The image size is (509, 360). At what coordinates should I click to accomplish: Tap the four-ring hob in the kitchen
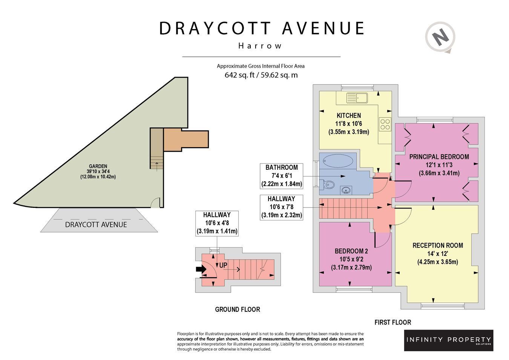click(x=385, y=124)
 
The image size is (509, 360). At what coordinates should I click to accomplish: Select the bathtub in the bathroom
click(x=338, y=161)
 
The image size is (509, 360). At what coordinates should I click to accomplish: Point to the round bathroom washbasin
click(x=346, y=190)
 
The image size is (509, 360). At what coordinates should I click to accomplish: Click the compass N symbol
click(x=441, y=37)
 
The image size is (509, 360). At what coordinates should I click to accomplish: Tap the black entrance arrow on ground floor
click(x=201, y=269)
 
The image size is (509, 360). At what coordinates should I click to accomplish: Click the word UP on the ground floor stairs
click(x=223, y=265)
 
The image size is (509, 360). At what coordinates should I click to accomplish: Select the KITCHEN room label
click(x=349, y=115)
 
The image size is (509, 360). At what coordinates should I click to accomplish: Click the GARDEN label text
click(x=98, y=166)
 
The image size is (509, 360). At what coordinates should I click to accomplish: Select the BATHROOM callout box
click(x=281, y=176)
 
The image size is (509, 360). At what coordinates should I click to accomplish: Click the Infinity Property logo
click(x=449, y=340)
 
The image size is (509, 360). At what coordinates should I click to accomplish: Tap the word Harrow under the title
click(x=260, y=46)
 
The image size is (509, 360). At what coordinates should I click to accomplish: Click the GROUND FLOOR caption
click(x=238, y=309)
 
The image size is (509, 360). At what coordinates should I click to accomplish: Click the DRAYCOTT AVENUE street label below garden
click(x=96, y=225)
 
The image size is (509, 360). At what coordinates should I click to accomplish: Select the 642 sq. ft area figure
click(x=239, y=75)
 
